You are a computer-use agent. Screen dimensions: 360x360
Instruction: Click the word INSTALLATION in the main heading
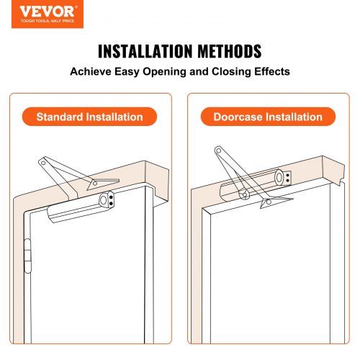[x=143, y=53]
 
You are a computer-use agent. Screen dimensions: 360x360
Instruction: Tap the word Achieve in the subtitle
[x=91, y=73]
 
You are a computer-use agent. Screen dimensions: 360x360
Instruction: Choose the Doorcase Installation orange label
[x=268, y=117]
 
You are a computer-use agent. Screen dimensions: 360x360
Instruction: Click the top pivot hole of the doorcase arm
[x=217, y=151]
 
